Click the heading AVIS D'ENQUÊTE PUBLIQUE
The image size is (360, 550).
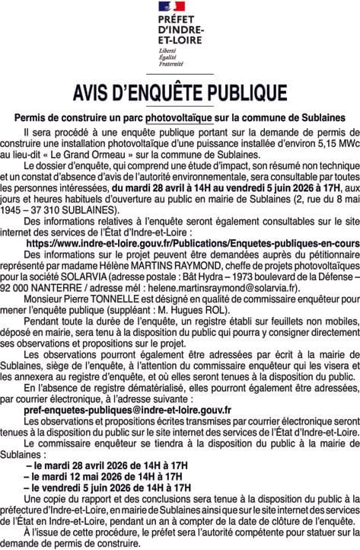pos(180,94)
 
